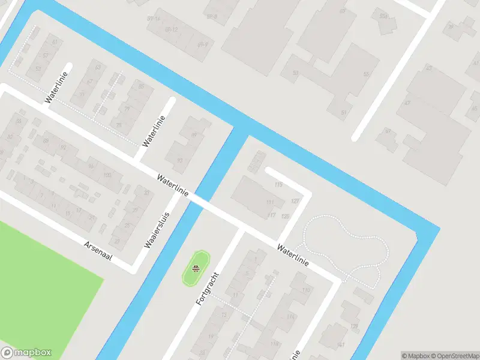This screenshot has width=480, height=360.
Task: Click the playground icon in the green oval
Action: click(x=196, y=268)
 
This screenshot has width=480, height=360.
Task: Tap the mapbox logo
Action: click(x=26, y=353)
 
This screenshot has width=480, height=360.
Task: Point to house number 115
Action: click(x=277, y=185)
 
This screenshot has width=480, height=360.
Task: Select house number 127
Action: click(x=295, y=200)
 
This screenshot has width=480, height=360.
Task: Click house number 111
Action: click(x=269, y=203)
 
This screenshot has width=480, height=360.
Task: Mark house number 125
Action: click(x=285, y=216)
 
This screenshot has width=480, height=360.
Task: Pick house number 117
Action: click(x=271, y=215)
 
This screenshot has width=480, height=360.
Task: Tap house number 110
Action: click(x=306, y=290)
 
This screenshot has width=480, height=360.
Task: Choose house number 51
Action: click(x=344, y=113)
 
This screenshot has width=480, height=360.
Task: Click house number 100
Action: click(x=107, y=175)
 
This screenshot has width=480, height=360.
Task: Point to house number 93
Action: click(x=179, y=160)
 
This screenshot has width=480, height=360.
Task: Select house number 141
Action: click(x=341, y=344)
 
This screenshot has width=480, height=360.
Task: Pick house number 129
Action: click(x=354, y=326)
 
